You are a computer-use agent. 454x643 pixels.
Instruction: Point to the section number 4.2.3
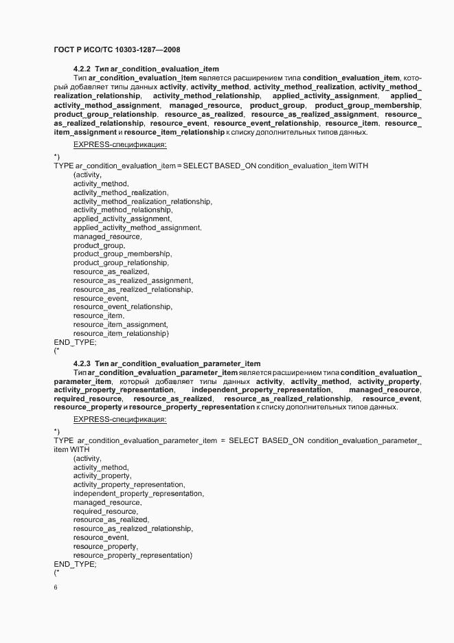[82, 363]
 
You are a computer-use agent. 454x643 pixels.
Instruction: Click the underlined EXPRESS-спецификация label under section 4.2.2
[120, 145]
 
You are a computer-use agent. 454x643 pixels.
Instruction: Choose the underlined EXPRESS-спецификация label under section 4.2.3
[120, 419]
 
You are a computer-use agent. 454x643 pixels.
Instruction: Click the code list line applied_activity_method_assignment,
[137, 227]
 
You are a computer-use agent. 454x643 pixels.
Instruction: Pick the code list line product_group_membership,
[122, 254]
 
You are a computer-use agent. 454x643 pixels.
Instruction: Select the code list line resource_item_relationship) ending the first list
[121, 333]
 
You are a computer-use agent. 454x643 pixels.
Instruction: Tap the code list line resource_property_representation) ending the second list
[133, 554]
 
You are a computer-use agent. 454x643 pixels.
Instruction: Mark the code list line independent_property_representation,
[138, 493]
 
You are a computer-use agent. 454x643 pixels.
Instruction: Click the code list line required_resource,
[105, 511]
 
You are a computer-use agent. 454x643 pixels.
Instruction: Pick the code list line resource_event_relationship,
[122, 307]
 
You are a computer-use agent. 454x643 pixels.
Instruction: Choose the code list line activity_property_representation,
[128, 484]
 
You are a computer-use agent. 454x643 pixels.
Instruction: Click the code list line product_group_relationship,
[120, 263]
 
